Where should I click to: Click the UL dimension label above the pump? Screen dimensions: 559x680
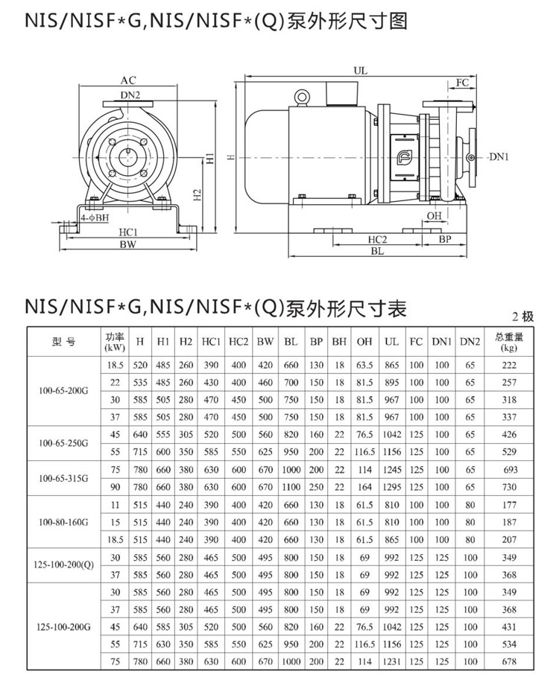(x=361, y=70)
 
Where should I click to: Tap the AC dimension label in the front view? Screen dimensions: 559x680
(x=128, y=80)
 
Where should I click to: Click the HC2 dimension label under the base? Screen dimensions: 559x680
(x=377, y=239)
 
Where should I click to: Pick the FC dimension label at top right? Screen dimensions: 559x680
(x=462, y=83)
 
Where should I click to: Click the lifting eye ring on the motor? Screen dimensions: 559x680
(x=301, y=97)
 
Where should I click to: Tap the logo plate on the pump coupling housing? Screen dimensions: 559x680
(x=404, y=156)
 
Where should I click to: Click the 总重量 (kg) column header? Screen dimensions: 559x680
(x=509, y=342)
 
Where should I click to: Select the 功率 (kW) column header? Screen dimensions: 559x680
(x=115, y=342)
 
